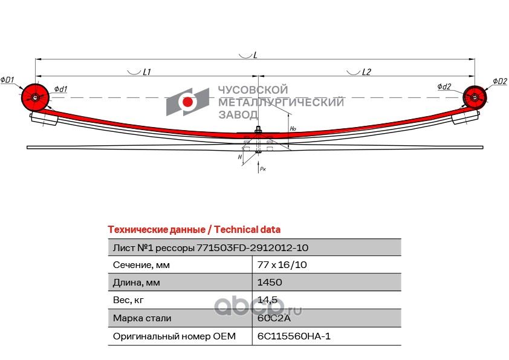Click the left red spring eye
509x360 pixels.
tap(35, 97)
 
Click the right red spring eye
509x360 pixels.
tap(475, 97)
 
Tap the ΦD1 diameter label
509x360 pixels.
tap(8, 80)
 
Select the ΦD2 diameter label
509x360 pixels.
tap(499, 81)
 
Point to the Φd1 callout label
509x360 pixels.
tap(60, 90)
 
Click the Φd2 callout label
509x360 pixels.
tap(444, 87)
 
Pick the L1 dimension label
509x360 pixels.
tap(146, 72)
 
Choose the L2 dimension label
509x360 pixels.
tap(366, 72)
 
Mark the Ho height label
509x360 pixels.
tap(293, 128)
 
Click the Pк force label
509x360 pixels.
tap(262, 169)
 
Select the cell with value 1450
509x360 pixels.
tap(270, 282)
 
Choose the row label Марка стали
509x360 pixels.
tap(142, 318)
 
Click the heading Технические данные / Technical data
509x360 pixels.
tap(194, 230)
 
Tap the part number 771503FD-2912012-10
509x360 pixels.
tap(252, 247)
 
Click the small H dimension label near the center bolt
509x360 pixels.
tap(240, 157)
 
